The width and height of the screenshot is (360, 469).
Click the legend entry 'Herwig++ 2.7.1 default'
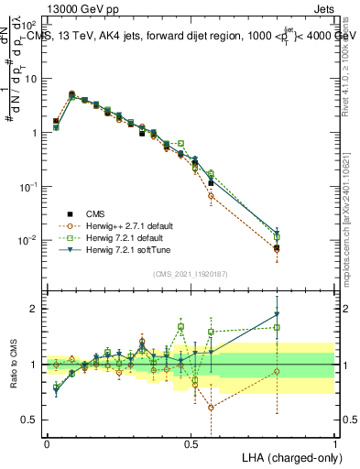pyautogui.click(x=129, y=225)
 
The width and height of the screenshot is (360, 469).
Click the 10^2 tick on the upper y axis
pyautogui.click(x=30, y=26)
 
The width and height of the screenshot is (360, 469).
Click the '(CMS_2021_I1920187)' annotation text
pyautogui.click(x=191, y=273)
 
